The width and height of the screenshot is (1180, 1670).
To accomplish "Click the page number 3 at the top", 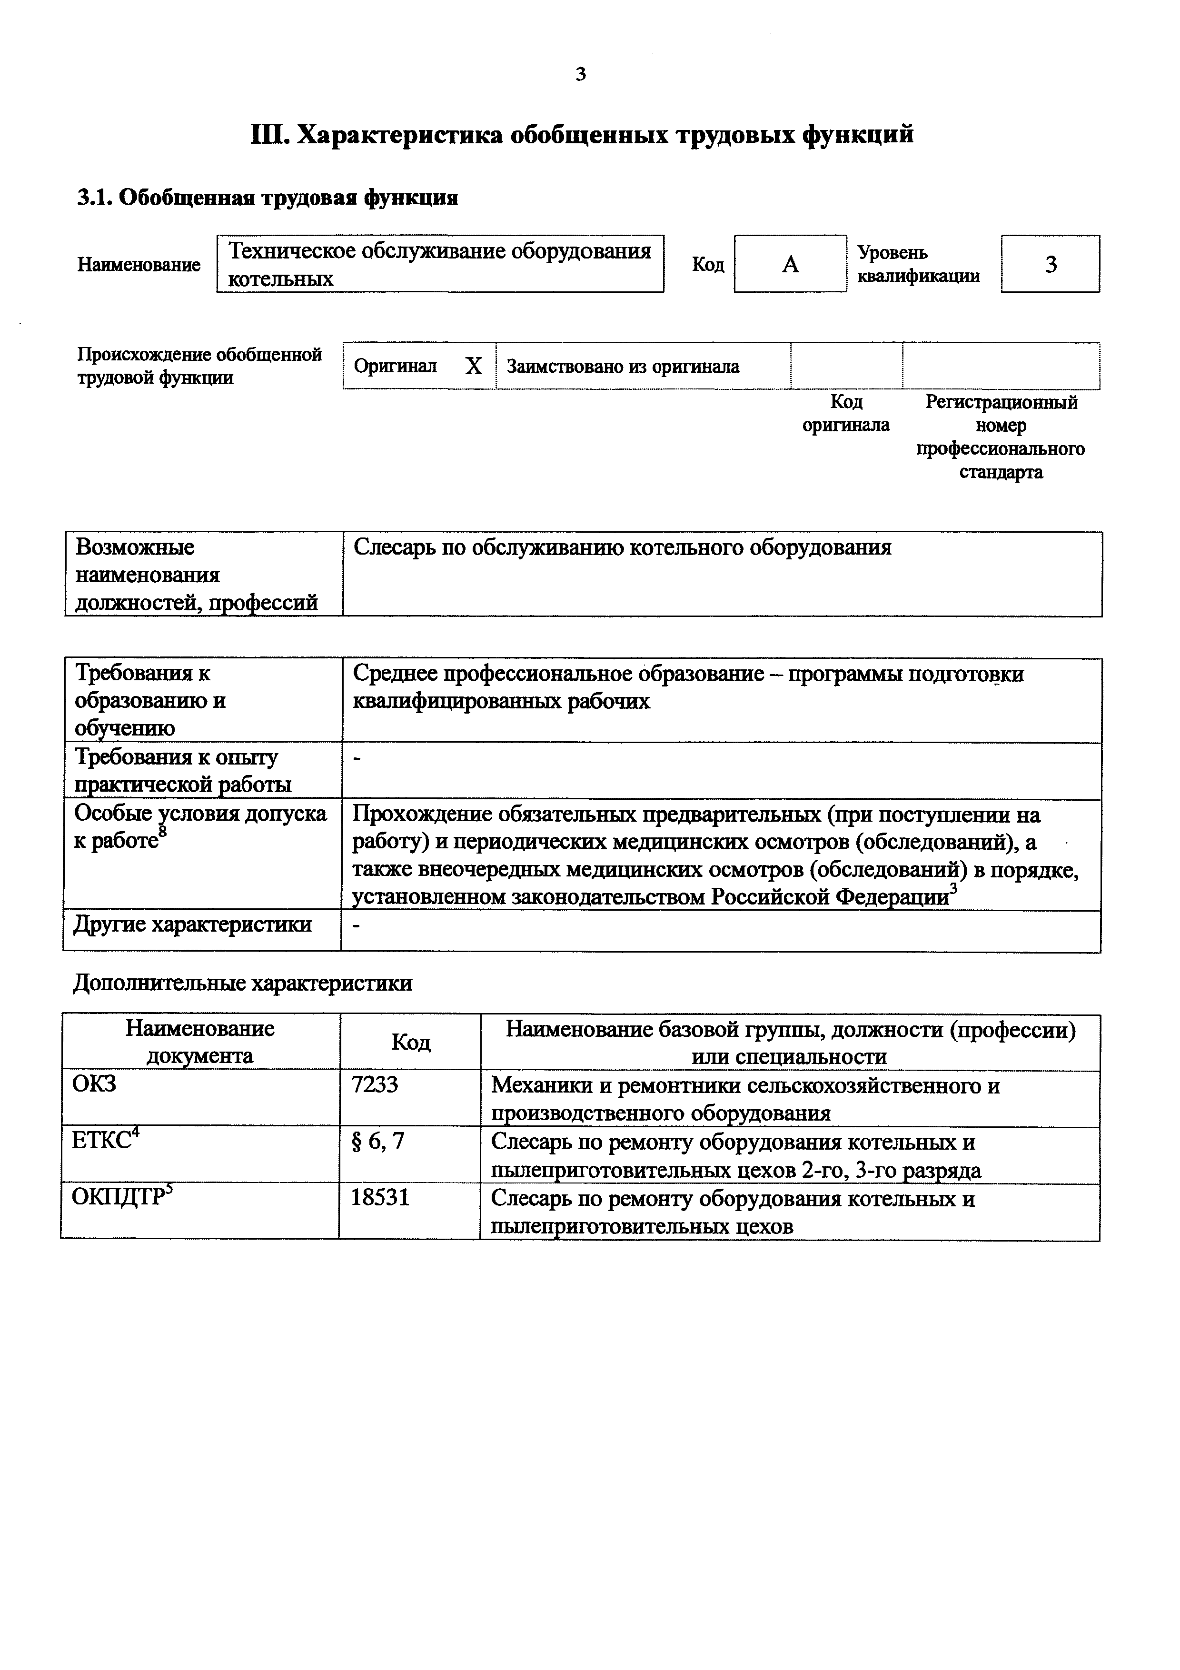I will tap(580, 74).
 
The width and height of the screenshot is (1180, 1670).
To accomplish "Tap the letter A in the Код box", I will tap(790, 265).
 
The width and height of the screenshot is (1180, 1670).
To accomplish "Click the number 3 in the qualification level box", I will tap(1051, 265).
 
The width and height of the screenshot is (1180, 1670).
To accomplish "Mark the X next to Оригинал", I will tap(473, 367).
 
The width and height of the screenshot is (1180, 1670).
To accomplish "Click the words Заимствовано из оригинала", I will tap(622, 367).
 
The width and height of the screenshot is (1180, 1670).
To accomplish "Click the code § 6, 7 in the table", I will tap(377, 1141).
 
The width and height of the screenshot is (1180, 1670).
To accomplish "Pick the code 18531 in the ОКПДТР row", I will tap(380, 1198).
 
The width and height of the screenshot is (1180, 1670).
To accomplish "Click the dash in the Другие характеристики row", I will tap(356, 925).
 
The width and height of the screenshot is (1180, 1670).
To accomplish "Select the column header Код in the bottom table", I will tap(411, 1042).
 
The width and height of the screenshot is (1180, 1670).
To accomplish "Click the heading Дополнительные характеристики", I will tap(242, 984).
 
